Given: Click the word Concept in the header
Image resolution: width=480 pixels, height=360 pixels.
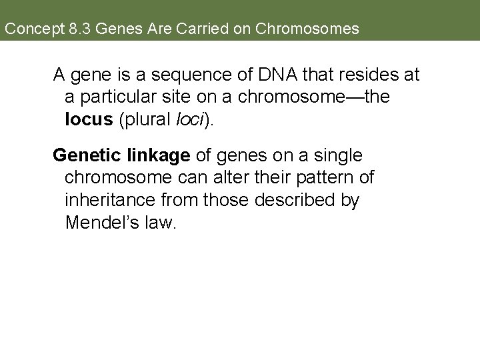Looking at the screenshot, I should point(29,29).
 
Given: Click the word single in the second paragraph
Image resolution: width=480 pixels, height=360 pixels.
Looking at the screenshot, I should point(337,155).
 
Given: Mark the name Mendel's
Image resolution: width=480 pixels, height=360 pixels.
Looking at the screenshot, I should point(100,223).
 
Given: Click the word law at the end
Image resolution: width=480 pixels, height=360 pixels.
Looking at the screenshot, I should point(161,223).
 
